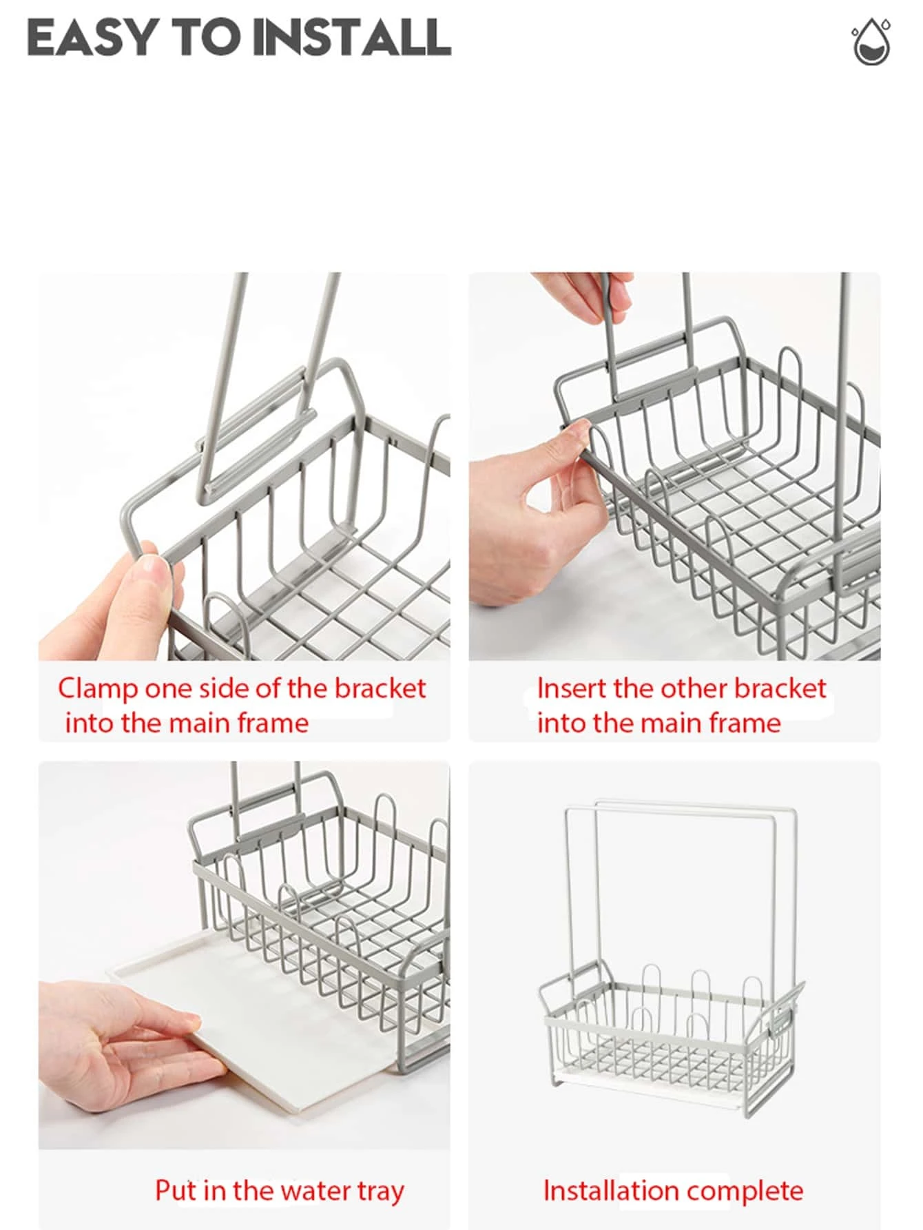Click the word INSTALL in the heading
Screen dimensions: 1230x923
352,37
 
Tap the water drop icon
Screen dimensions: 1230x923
871,43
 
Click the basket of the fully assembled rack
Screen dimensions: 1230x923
672,1034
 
